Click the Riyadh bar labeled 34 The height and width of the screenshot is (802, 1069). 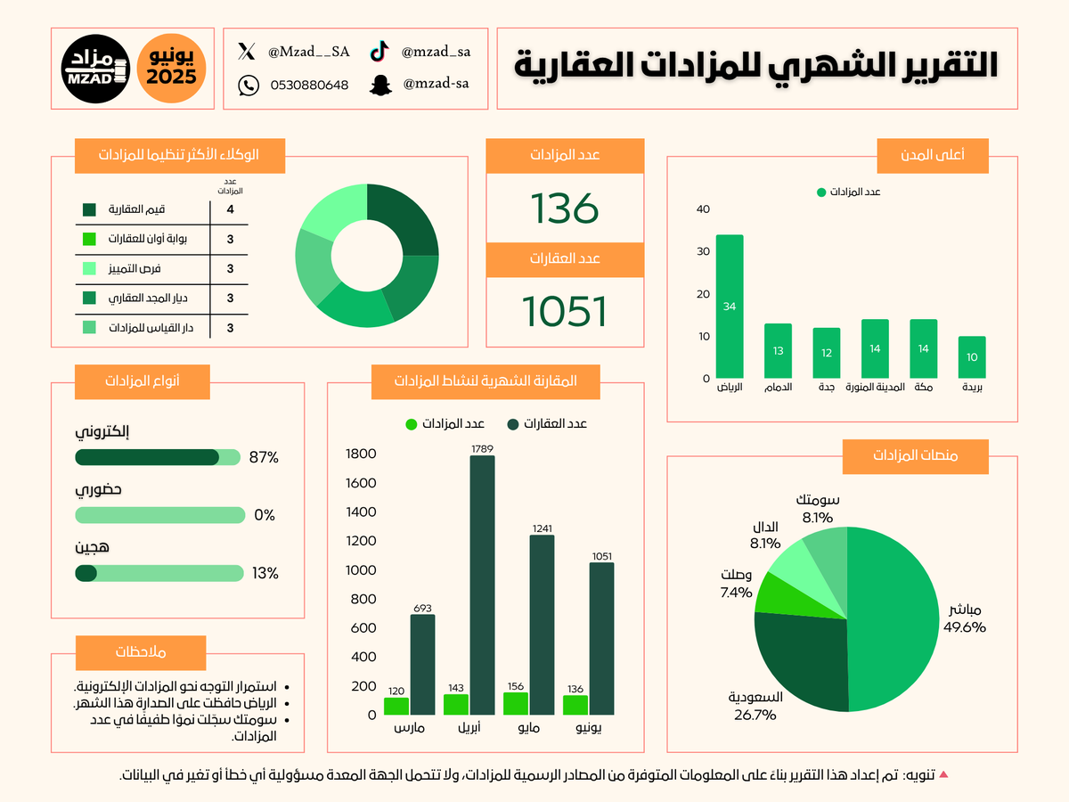[x=730, y=306]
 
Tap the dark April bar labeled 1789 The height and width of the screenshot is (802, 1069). [x=482, y=585]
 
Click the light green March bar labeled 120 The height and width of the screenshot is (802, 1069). [x=396, y=706]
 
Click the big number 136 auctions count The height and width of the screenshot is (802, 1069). [x=565, y=208]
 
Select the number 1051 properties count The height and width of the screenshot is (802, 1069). [x=565, y=311]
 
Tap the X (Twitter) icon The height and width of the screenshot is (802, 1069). [x=246, y=51]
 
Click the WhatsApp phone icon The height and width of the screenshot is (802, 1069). [x=246, y=86]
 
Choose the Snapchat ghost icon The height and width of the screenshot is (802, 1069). [x=380, y=85]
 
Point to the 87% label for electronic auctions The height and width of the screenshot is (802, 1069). [x=265, y=458]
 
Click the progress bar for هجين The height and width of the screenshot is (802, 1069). [x=159, y=573]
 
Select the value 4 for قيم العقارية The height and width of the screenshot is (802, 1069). [x=230, y=210]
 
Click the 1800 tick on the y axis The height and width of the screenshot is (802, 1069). [x=361, y=454]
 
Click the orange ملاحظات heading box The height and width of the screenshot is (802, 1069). [x=141, y=652]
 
